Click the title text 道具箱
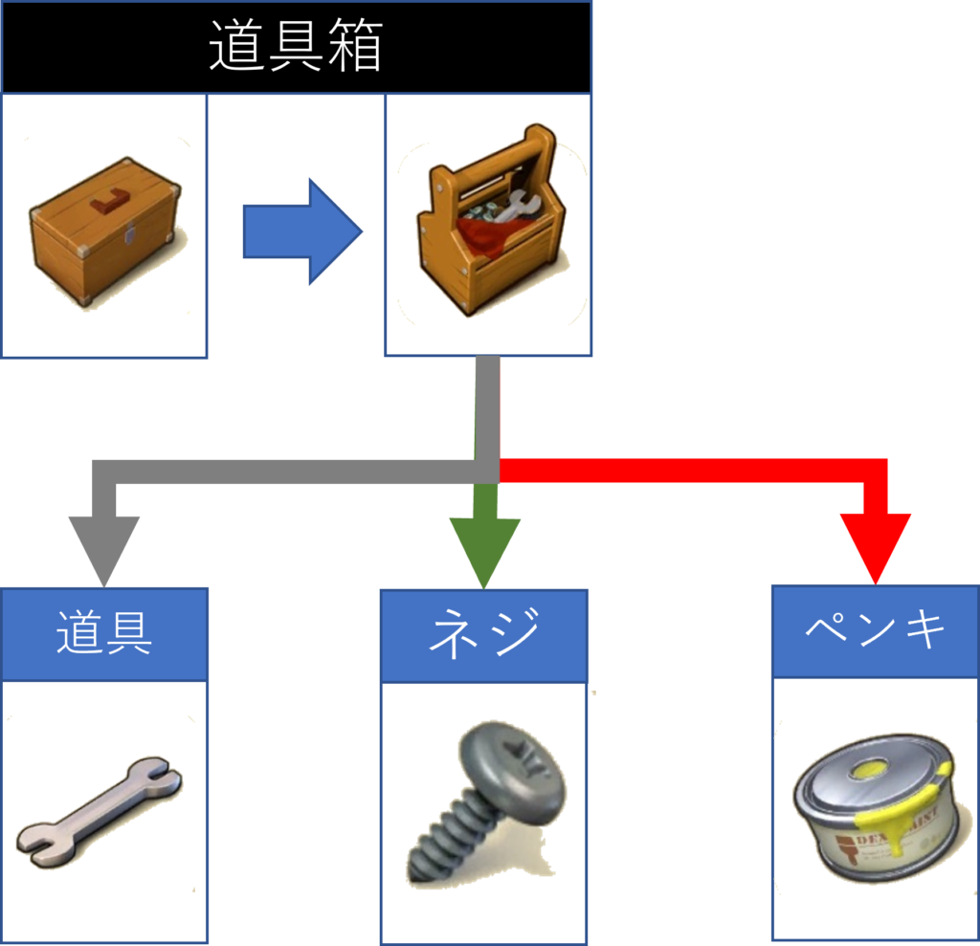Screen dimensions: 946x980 pyautogui.click(x=295, y=48)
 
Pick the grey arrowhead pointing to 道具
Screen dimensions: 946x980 pyautogui.click(x=103, y=550)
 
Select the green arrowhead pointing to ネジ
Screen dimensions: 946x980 pyautogui.click(x=484, y=550)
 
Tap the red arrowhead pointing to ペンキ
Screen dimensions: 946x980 pyautogui.click(x=875, y=545)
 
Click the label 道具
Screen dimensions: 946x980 pyautogui.click(x=103, y=633)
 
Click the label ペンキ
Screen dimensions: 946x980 pyautogui.click(x=875, y=630)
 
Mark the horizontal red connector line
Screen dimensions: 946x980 pyautogui.click(x=689, y=470)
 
